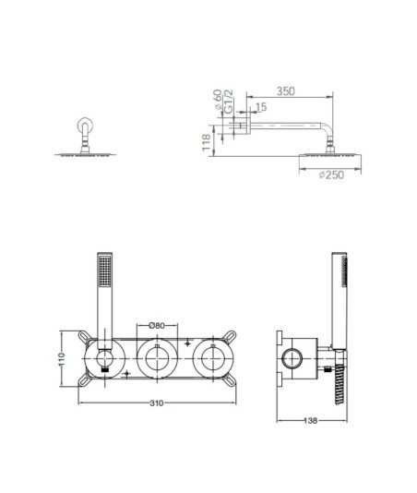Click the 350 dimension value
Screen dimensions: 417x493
pos(286,91)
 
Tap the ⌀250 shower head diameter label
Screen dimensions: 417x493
pos(331,174)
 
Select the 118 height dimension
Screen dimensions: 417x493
pos(206,142)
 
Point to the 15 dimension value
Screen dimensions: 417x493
pos(261,107)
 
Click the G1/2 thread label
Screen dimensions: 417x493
pos(229,102)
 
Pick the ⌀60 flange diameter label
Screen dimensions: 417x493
pos(218,100)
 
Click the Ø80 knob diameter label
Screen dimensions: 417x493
pos(157,325)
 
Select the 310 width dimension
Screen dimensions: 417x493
pos(157,403)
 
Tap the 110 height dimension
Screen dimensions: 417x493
pos(61,359)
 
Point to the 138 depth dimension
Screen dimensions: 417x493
pos(311,420)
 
